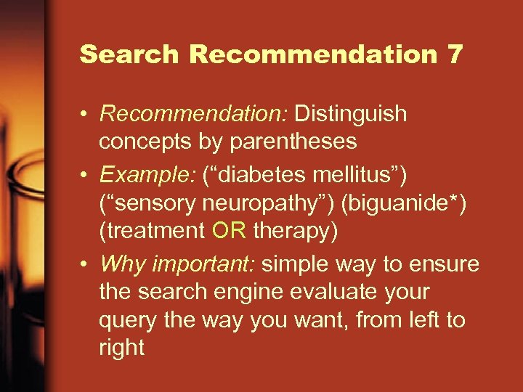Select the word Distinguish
351,114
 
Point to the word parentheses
293,142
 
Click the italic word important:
203,264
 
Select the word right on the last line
121,348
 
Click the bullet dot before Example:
85,175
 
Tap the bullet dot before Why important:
85,265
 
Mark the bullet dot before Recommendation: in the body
85,115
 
